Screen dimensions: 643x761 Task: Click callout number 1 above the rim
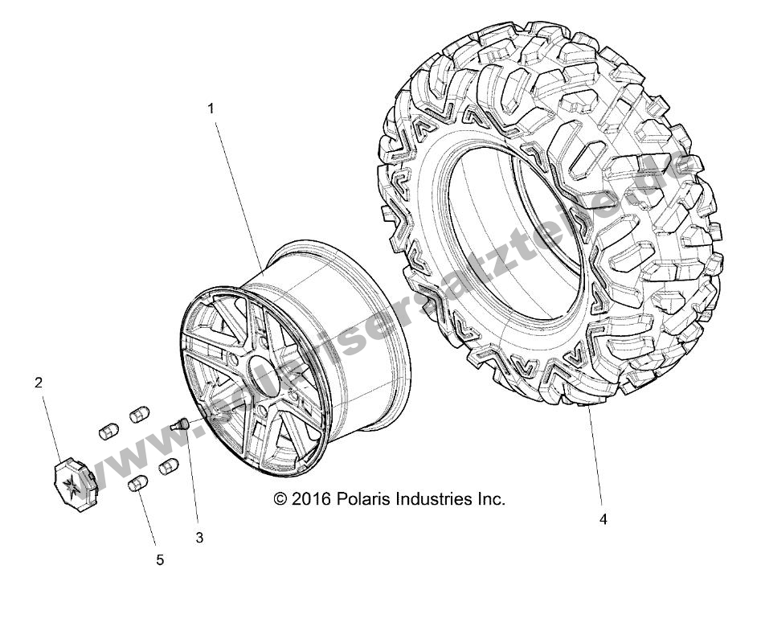211,108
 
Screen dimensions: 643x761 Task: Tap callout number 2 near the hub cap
38,383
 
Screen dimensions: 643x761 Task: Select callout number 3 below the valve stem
199,538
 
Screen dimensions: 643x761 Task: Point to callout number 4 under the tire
603,519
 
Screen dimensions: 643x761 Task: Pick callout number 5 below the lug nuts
160,559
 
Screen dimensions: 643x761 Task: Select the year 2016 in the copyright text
309,499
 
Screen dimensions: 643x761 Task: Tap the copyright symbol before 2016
280,499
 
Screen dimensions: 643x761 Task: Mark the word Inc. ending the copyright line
491,499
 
